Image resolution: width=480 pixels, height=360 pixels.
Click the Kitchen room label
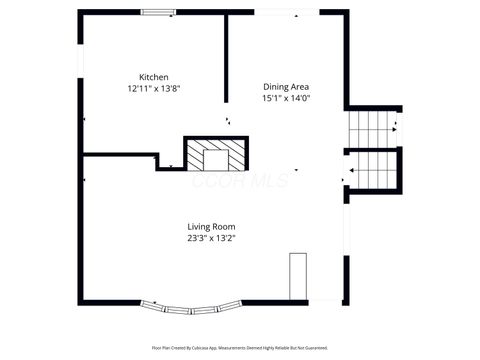point(153,77)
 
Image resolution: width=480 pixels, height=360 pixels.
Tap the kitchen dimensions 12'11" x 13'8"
point(153,89)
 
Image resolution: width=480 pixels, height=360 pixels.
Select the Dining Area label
point(286,86)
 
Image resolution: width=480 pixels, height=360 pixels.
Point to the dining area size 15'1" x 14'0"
point(286,98)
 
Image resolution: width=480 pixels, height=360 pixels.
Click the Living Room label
point(211,226)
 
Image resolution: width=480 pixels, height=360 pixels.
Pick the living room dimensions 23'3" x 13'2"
point(211,238)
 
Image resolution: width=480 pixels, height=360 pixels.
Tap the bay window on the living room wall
point(190,305)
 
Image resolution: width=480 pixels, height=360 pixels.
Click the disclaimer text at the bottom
point(240,347)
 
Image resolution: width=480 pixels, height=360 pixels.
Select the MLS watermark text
point(240,181)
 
